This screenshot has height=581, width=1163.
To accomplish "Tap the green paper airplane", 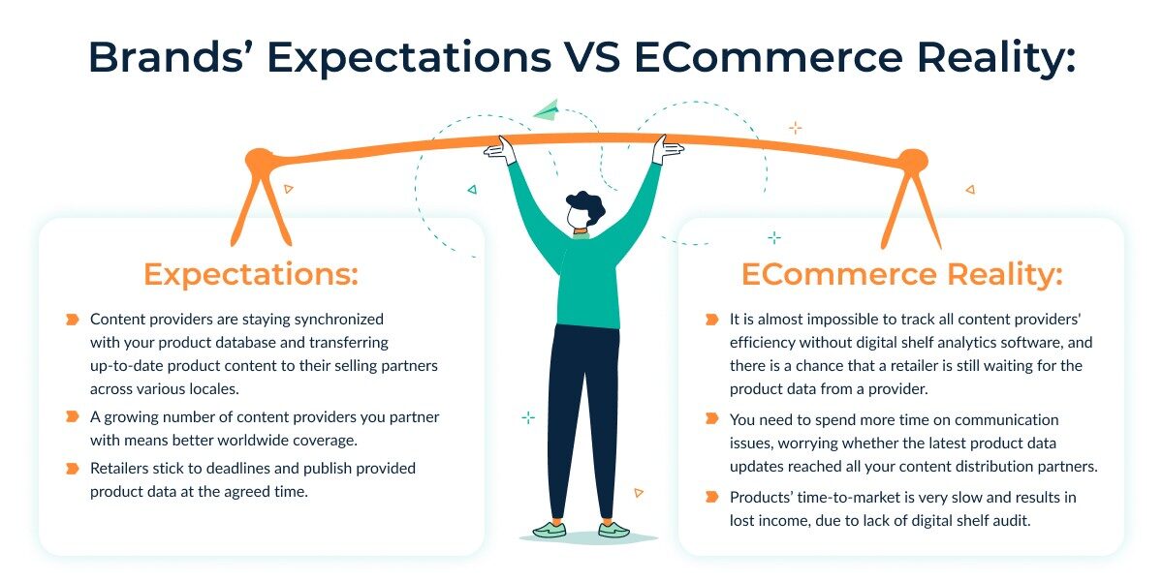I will [x=547, y=109].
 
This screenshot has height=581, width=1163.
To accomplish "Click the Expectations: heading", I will [x=251, y=274].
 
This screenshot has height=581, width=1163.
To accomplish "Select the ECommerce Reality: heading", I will [x=901, y=274].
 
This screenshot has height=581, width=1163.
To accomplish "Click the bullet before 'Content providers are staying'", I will [x=72, y=319].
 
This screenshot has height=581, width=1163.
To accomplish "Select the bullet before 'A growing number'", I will [x=72, y=416].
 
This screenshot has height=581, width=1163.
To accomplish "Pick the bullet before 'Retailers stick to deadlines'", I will [x=72, y=468].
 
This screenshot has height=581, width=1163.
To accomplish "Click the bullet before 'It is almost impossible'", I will [x=711, y=319].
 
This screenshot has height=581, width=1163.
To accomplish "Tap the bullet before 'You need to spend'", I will [x=711, y=419].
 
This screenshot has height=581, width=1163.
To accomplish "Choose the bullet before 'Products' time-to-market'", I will [x=711, y=497].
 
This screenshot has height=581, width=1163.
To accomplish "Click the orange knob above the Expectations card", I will [x=258, y=161].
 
